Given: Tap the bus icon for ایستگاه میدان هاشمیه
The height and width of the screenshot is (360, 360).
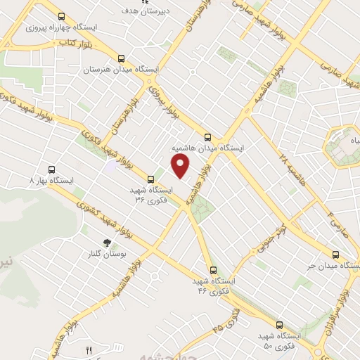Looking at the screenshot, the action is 207,137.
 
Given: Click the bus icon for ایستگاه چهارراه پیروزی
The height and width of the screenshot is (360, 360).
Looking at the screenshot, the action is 61,17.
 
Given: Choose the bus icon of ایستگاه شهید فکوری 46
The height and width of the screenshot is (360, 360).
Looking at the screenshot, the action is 213,269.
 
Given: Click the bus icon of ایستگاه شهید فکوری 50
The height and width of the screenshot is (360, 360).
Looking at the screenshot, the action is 280,325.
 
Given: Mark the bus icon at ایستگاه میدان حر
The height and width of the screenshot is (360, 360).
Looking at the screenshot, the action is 336,255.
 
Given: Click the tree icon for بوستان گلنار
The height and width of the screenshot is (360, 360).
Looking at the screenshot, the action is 107,244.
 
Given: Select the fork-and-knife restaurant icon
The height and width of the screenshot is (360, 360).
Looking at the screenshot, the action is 89,350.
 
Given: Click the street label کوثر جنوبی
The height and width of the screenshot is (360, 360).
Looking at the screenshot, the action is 272,241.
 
